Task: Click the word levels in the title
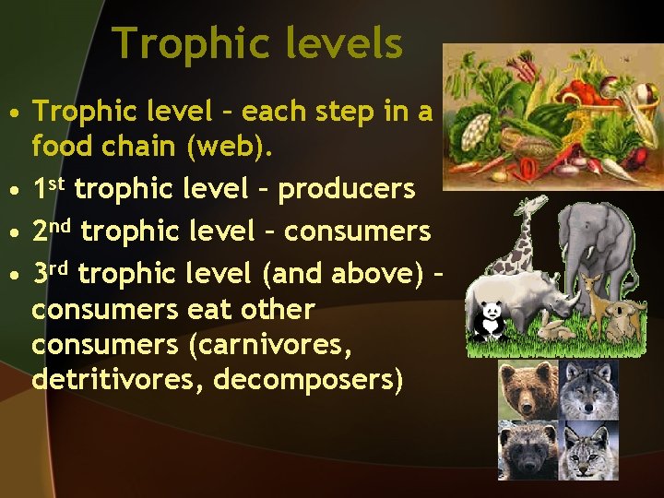tap(349, 43)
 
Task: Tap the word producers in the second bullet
tap(346, 189)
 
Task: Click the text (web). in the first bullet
tap(228, 146)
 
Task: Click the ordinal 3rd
tap(52, 272)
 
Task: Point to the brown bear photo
tap(528, 390)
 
